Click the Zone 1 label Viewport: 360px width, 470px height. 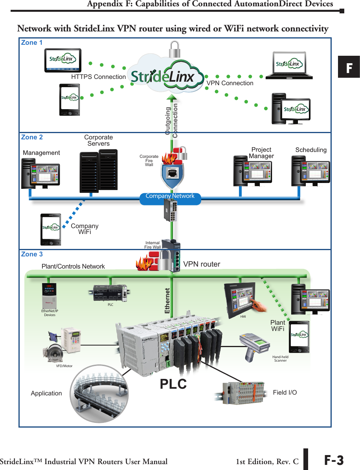[32, 43]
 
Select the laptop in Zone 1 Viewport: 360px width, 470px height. [289, 65]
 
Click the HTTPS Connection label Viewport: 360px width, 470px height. [98, 77]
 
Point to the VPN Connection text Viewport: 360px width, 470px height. [230, 83]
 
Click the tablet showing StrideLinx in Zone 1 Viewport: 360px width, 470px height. [62, 60]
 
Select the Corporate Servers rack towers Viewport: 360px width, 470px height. [98, 170]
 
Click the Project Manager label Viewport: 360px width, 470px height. [261, 153]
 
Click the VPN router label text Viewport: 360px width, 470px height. [202, 264]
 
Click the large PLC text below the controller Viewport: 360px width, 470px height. [173, 384]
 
